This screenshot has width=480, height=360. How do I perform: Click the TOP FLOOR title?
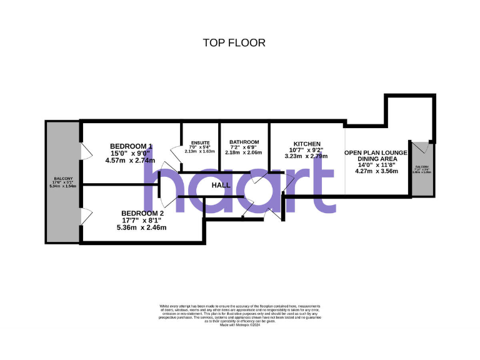pyautogui.click(x=234, y=43)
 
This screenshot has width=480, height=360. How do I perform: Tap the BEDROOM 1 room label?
pyautogui.click(x=131, y=146)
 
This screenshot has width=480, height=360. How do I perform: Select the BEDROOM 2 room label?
pyautogui.click(x=142, y=213)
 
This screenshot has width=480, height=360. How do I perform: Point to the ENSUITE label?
pyautogui.click(x=201, y=143)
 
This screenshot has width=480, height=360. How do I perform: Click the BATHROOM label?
pyautogui.click(x=244, y=142)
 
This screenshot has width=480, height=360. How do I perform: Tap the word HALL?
pyautogui.click(x=221, y=186)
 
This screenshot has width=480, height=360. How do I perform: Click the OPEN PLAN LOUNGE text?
pyautogui.click(x=376, y=152)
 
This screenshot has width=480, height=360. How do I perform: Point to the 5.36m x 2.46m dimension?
pyautogui.click(x=141, y=227)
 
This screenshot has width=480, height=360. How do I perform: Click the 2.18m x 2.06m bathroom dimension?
pyautogui.click(x=244, y=152)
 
